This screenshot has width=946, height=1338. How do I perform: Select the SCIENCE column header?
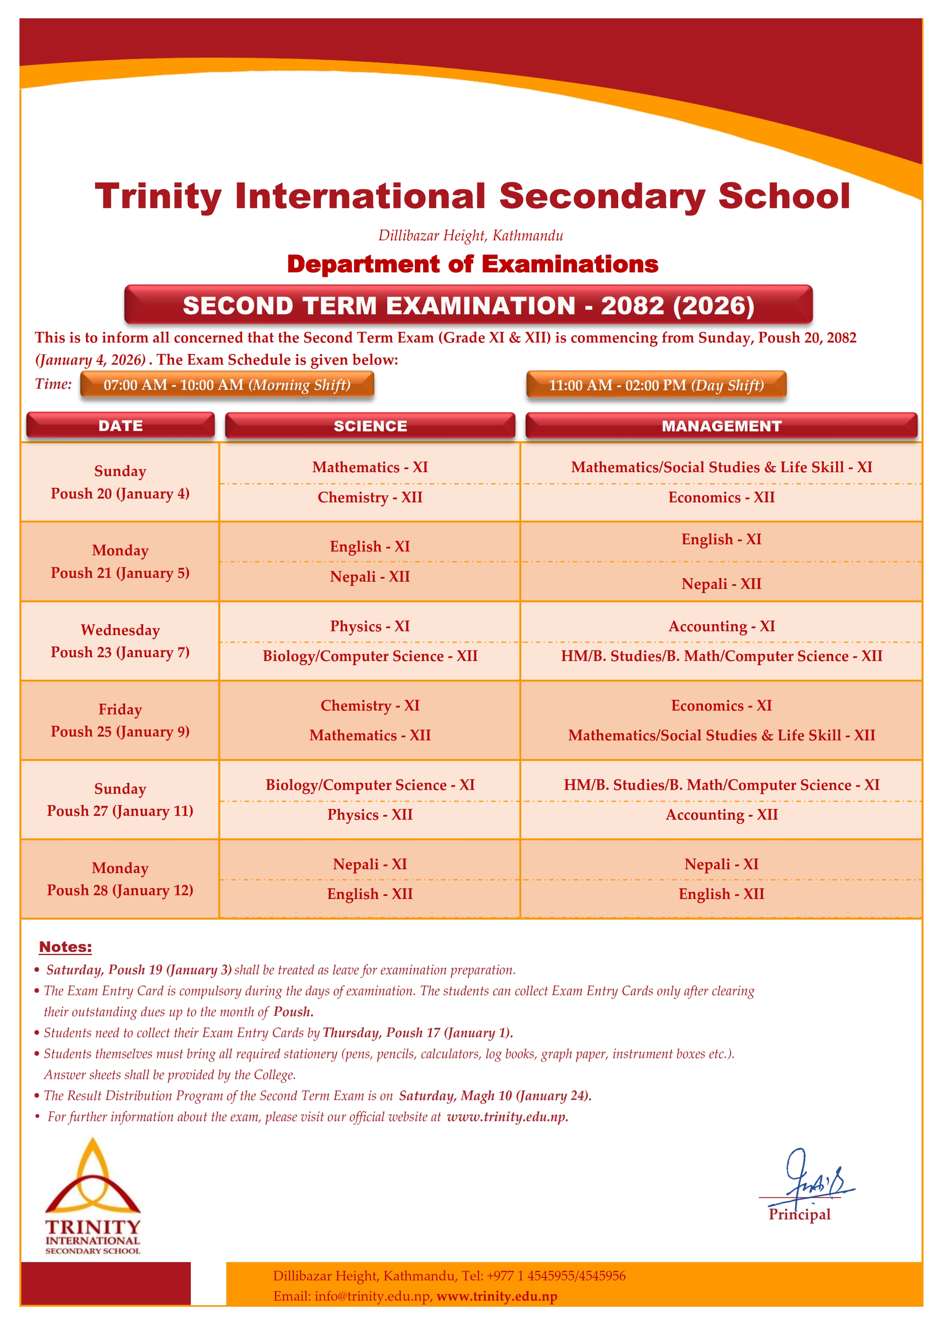coord(370,426)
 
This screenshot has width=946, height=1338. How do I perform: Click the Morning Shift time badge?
coord(227,384)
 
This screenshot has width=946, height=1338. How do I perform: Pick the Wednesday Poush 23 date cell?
coord(120,640)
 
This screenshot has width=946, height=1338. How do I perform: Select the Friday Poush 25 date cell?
coord(120,720)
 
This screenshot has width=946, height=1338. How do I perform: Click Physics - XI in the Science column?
coord(370,626)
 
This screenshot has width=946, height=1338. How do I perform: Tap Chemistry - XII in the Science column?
coord(370,497)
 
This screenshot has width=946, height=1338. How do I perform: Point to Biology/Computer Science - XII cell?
coord(370,656)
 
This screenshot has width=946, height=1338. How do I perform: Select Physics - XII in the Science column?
coord(370,815)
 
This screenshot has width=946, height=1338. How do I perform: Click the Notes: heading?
coord(65,947)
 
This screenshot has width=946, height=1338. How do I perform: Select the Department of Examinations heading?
coord(473,264)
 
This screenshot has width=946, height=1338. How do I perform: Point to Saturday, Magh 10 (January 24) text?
coord(495,1095)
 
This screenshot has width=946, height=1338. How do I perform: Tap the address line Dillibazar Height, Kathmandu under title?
coord(471,235)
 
